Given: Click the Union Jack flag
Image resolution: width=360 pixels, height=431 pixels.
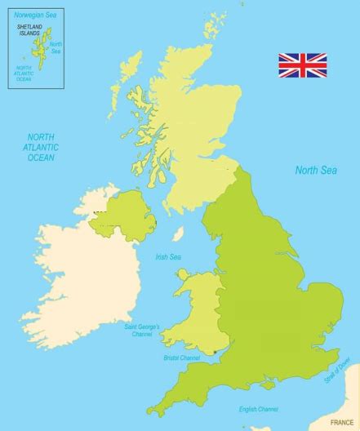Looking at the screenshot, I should pos(302,65).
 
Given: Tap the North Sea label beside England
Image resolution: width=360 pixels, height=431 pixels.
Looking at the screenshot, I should pos(315,171).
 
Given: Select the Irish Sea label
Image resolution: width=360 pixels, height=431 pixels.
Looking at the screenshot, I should pos(168,257).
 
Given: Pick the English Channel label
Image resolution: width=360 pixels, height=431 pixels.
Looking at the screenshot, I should pos(259,408).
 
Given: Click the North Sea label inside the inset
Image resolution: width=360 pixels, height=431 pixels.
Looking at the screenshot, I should pos(56,47).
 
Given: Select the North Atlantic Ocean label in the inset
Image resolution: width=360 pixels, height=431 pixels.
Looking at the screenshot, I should pos(22,73).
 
